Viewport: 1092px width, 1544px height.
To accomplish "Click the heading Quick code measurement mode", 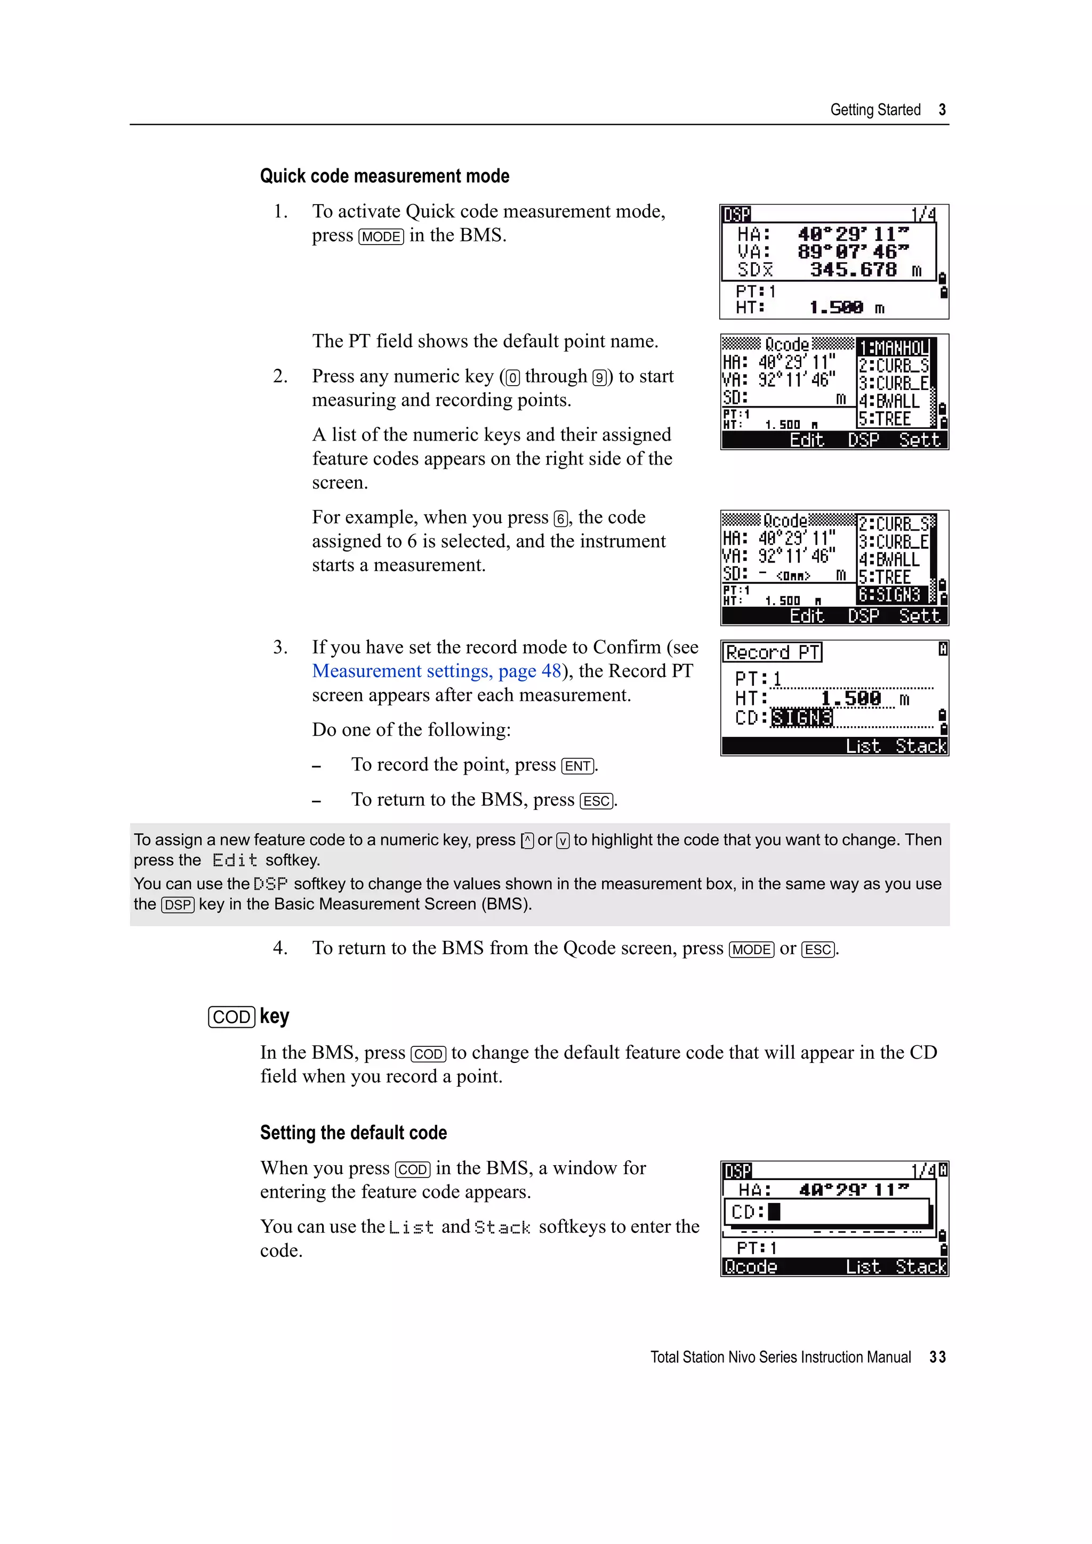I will (x=384, y=176).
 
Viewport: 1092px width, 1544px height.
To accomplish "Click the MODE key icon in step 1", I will (x=381, y=237).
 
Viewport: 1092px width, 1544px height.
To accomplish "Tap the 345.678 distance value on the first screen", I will (x=853, y=270).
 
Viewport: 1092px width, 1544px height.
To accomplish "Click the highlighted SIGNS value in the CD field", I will (x=801, y=718).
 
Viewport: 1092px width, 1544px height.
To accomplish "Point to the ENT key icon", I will (x=578, y=766).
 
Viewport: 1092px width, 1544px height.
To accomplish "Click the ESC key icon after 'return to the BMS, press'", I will (x=597, y=801).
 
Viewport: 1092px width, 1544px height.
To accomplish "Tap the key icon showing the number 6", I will (x=560, y=518).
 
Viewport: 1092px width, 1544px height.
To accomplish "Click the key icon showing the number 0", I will (x=513, y=378).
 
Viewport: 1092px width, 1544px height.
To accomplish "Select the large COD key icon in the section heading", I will (x=231, y=1017).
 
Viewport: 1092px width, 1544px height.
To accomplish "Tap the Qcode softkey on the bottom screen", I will (x=750, y=1267).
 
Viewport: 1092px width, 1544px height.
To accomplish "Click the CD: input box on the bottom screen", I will (x=828, y=1212).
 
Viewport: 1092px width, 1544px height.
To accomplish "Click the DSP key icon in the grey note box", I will (x=178, y=905).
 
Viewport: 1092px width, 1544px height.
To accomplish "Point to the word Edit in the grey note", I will (x=234, y=861).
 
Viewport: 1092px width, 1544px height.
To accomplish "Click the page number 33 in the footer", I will (x=937, y=1357).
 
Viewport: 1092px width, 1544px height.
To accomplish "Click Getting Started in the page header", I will (x=874, y=110).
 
